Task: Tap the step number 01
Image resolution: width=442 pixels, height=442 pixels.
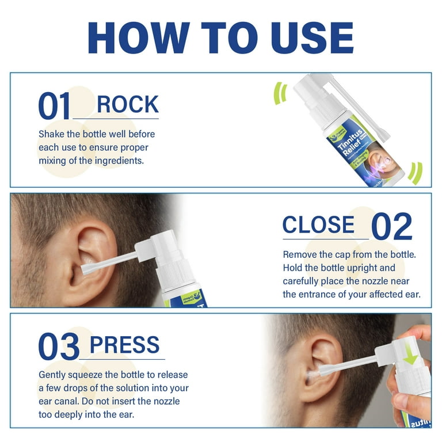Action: [55, 107]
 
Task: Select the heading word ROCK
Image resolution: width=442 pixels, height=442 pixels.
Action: [127, 105]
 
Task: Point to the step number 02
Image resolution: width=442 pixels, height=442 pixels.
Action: [392, 227]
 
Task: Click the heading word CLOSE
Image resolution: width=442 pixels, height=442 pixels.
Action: [318, 224]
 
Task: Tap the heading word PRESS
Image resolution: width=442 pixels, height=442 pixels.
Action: [124, 345]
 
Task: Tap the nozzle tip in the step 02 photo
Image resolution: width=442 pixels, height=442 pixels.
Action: [86, 269]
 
